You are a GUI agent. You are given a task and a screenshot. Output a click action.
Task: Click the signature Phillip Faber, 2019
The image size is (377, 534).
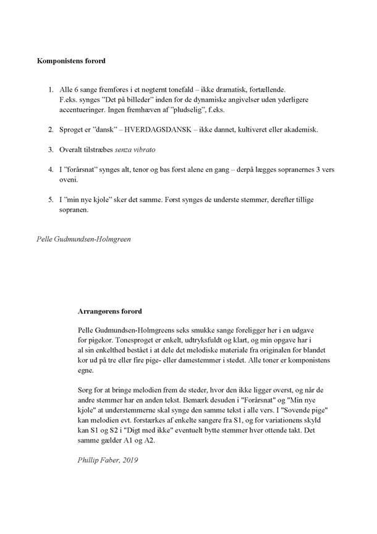[x=108, y=460]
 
